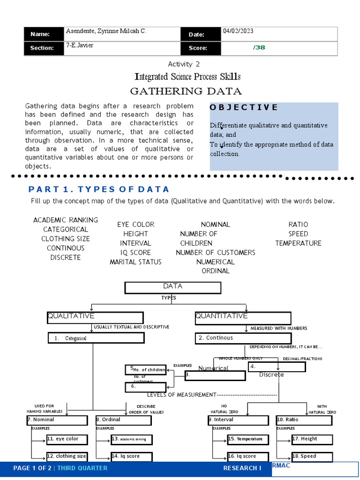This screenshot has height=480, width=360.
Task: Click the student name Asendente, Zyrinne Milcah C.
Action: pos(106,31)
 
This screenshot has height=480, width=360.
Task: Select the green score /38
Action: pos(259,47)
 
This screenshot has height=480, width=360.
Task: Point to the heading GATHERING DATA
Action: pos(186,91)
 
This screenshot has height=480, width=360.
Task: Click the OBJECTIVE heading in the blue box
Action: pos(244,107)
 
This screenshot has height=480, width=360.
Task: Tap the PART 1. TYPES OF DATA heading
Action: pos(99,189)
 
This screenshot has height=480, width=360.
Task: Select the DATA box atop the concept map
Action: pos(172,287)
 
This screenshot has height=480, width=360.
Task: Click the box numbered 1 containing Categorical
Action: pos(96,338)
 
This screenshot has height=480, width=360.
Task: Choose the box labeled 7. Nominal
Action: pos(57,420)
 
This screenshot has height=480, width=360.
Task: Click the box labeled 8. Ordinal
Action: pos(123,420)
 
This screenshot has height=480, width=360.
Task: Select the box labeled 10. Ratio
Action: pos(304,420)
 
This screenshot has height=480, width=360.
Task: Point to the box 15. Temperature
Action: pos(248,439)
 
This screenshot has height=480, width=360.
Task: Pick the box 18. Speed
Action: pos(312,457)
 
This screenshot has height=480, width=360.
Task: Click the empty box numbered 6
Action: pos(145,387)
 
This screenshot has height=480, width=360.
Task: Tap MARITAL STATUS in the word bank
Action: pos(135,262)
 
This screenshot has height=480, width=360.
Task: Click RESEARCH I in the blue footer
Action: pos(242,468)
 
